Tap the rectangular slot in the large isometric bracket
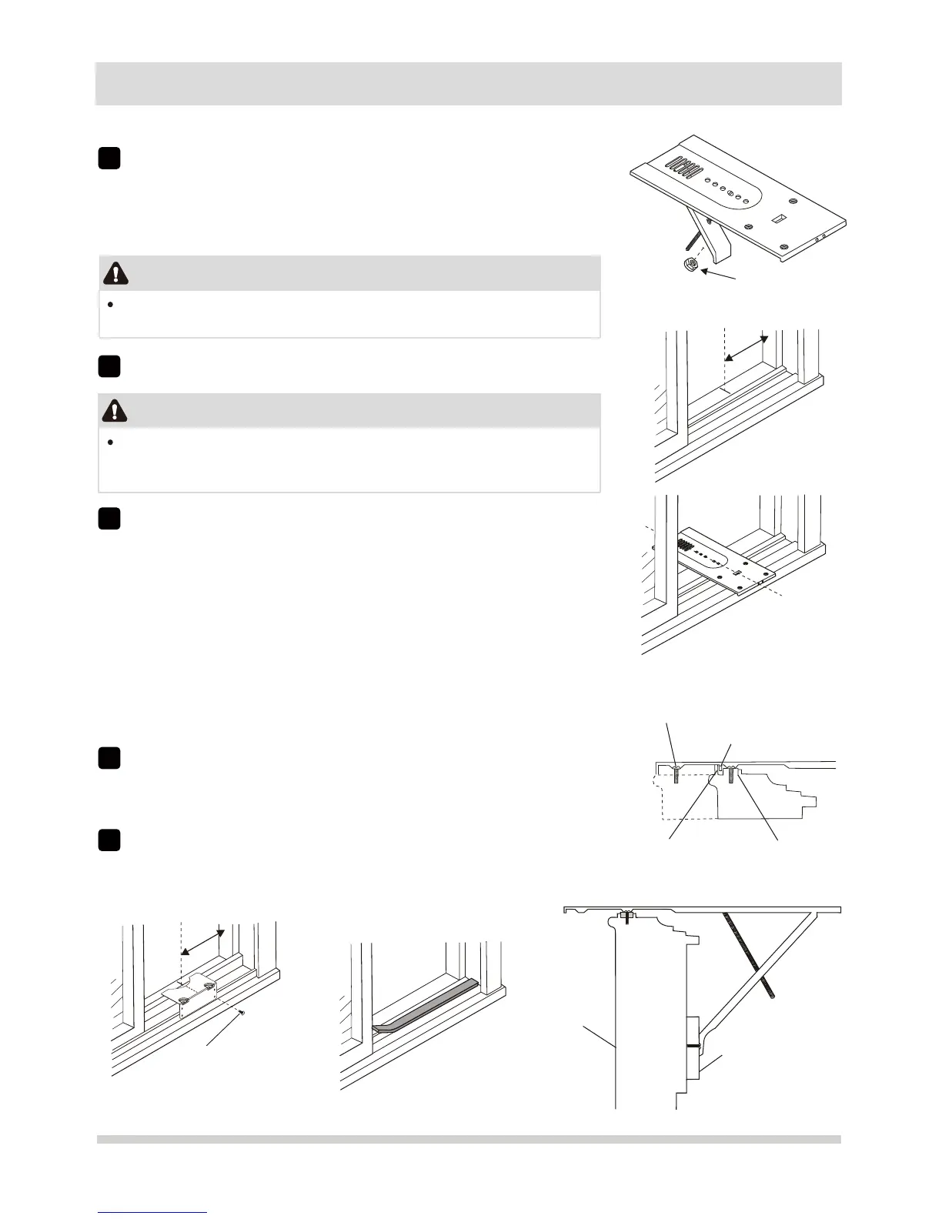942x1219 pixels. coord(777,219)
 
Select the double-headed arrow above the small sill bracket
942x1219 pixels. coord(202,941)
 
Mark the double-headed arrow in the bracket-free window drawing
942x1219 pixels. coord(747,349)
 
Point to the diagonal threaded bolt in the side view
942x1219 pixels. coord(747,955)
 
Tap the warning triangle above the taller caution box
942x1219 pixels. coord(115,411)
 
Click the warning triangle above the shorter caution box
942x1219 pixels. coord(115,273)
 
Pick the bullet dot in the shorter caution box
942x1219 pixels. coord(112,305)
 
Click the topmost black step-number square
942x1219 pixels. coord(109,158)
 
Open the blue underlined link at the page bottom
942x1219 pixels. coord(152,1213)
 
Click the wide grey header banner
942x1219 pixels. coord(468,83)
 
